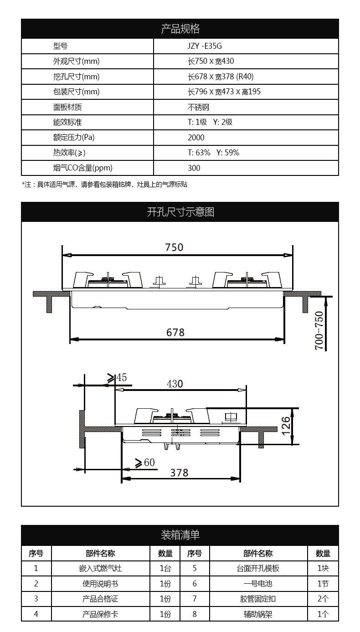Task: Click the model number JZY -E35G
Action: (x=205, y=46)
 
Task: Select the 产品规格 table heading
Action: (x=180, y=29)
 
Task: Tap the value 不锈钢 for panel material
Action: (x=199, y=107)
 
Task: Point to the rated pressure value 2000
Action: (x=196, y=138)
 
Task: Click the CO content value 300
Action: (x=194, y=168)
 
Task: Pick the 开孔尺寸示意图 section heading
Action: (x=180, y=212)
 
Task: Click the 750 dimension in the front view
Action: (x=174, y=247)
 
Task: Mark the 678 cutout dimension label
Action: (x=175, y=333)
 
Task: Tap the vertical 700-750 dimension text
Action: (x=319, y=330)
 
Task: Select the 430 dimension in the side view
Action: (x=175, y=384)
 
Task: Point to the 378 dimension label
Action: (x=179, y=473)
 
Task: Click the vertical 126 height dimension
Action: (x=286, y=426)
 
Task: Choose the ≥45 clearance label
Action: (x=117, y=378)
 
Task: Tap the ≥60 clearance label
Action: (x=145, y=463)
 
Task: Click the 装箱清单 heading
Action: (x=180, y=535)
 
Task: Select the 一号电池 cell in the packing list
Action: (x=258, y=584)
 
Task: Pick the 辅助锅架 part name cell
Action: (x=258, y=614)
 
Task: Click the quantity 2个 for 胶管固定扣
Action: (x=323, y=599)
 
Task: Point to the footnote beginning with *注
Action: (x=105, y=185)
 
